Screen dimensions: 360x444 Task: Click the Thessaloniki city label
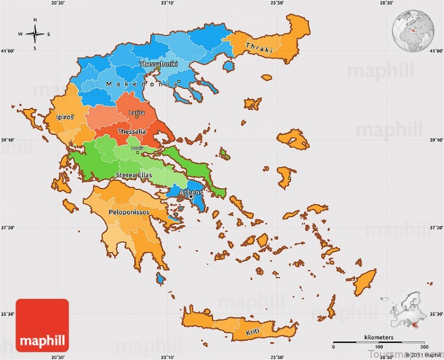158,64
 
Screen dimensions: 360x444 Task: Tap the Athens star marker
191,197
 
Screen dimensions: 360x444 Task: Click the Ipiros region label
65,117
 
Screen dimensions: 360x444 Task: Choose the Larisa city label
137,113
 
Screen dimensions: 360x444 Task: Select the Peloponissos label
128,212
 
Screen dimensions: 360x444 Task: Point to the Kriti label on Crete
254,333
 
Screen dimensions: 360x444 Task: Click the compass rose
35,34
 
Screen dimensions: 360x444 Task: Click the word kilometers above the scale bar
379,338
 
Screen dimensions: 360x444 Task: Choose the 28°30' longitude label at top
386,3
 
